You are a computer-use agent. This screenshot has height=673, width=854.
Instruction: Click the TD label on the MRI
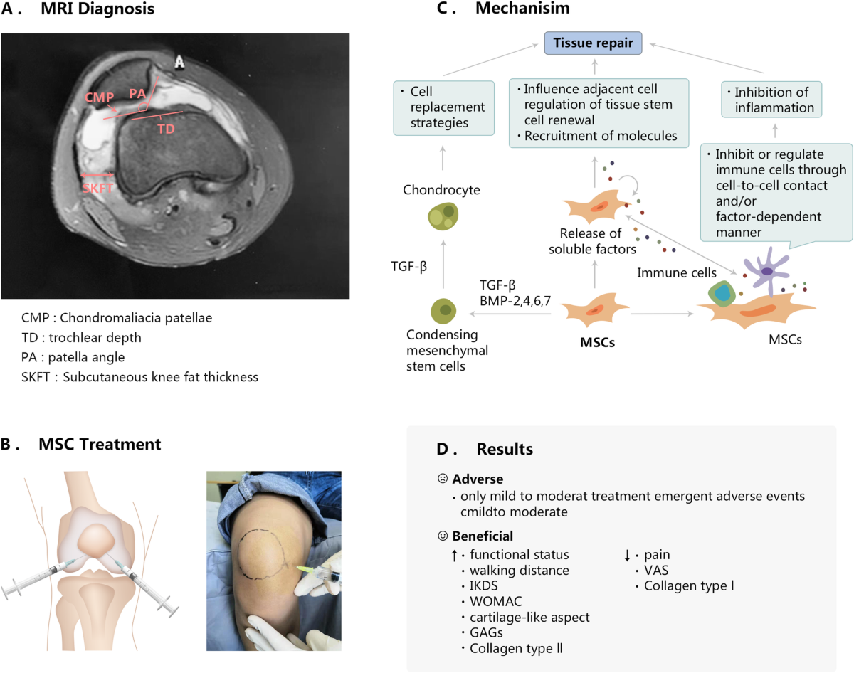click(165, 129)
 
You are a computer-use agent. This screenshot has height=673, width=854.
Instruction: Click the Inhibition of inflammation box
click(771, 100)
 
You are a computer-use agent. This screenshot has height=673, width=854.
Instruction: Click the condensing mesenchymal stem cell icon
click(444, 310)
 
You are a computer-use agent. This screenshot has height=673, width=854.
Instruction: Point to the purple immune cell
click(768, 271)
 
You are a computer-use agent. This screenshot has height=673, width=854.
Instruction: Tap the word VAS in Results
click(656, 570)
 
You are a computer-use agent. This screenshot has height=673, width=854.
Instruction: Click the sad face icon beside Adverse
click(443, 479)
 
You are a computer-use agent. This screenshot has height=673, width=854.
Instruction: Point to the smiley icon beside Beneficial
click(443, 535)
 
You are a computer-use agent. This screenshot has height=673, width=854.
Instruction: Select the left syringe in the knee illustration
click(32, 579)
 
